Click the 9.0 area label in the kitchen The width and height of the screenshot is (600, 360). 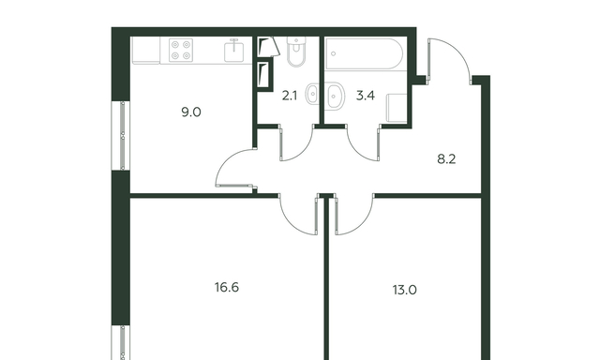(191, 112)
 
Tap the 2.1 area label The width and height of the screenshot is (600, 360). (290, 96)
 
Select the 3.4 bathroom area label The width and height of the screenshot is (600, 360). (366, 96)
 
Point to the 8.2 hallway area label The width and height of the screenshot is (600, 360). (446, 158)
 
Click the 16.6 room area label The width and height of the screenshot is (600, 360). (227, 287)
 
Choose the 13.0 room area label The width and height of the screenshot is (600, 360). (404, 290)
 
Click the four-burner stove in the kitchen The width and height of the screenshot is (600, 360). (181, 50)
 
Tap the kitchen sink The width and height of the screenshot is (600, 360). (233, 51)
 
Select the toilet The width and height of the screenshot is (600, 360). (296, 52)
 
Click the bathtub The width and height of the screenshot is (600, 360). (364, 53)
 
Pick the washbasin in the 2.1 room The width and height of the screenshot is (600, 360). (312, 94)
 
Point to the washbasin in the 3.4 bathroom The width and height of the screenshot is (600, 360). (335, 95)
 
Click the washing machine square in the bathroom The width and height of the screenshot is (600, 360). (397, 108)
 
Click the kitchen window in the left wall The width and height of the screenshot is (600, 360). (121, 135)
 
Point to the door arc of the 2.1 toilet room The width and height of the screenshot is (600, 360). (302, 151)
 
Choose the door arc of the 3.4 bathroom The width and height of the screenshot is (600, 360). (358, 150)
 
